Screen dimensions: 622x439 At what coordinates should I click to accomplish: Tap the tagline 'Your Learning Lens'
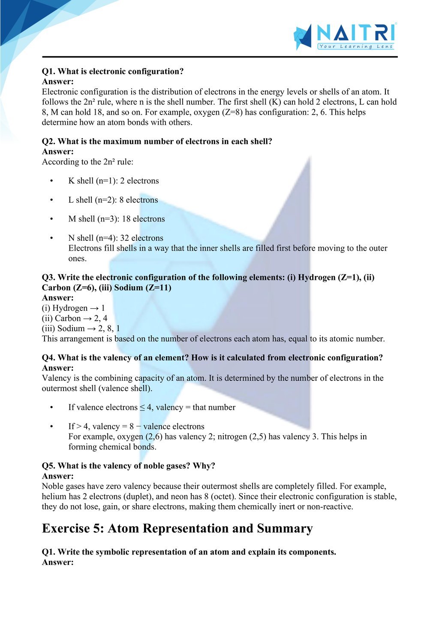coord(356,46)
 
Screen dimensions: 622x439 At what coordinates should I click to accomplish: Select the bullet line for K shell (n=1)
coord(113,181)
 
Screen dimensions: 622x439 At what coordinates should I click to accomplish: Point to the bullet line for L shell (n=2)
coord(113,200)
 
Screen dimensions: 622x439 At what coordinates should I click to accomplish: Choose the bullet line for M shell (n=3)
coord(116,219)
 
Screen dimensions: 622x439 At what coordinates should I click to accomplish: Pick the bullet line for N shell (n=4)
coord(116,238)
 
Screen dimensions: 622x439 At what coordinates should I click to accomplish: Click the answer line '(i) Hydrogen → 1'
coord(73,308)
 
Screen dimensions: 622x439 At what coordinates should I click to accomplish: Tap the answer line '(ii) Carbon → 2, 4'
coord(75,318)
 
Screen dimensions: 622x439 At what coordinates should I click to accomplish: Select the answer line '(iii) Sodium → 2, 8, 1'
coord(81,328)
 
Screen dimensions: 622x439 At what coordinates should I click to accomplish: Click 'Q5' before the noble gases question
coord(48,466)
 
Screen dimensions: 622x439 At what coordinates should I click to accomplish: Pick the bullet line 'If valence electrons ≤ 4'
coord(151,407)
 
